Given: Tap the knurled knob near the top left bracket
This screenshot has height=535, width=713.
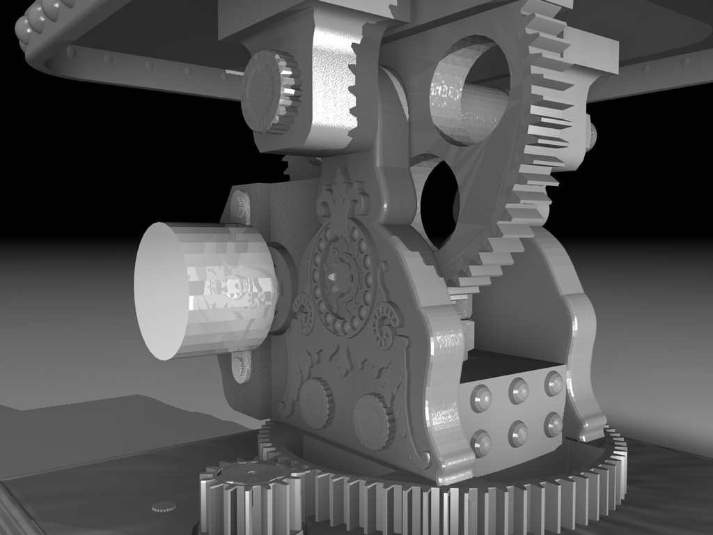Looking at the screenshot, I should [268, 91].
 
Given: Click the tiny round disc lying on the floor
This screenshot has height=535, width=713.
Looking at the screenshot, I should [164, 506].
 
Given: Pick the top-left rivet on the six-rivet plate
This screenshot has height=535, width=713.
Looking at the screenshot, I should [480, 398].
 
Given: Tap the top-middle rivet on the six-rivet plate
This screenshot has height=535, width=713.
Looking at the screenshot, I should [518, 390].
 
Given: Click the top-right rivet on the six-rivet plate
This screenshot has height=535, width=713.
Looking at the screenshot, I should [554, 382].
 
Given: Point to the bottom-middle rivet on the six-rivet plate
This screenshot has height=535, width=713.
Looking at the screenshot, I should [518, 433].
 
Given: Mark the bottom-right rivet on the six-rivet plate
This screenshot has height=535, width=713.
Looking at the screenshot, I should [554, 424].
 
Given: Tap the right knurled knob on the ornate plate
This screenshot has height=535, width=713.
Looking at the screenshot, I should [374, 420].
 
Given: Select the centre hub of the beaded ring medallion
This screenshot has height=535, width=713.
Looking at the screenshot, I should [342, 279].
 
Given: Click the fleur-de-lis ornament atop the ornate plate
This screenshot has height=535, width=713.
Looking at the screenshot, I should [342, 192].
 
